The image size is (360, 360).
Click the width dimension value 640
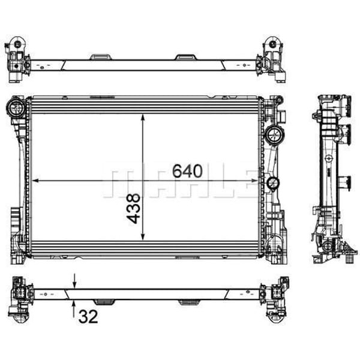[187, 171]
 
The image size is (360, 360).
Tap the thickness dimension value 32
[88, 317]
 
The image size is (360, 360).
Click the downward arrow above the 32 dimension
[74, 281]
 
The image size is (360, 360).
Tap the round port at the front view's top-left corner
[16, 109]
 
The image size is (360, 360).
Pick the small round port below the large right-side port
[272, 183]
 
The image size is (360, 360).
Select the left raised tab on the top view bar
[101, 57]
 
